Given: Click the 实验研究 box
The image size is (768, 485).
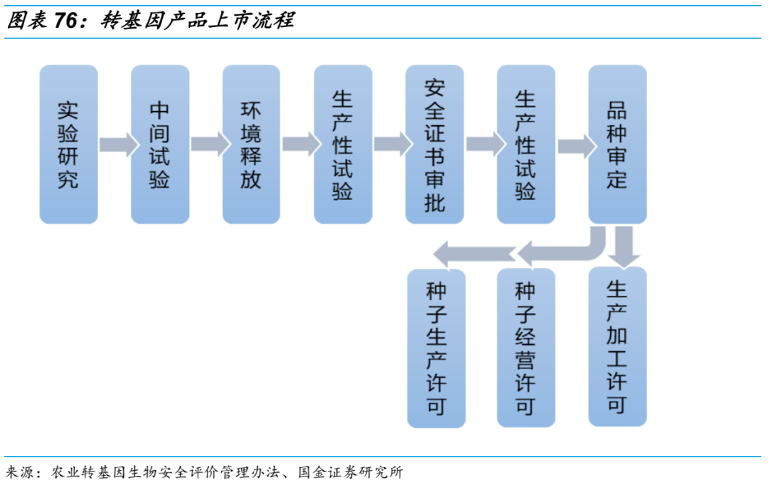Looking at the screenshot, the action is pyautogui.click(x=68, y=144).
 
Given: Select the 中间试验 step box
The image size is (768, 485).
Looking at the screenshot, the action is pyautogui.click(x=160, y=144).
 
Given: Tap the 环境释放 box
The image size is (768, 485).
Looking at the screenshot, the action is pyautogui.click(x=251, y=144).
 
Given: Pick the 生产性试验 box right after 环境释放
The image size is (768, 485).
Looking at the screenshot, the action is pyautogui.click(x=343, y=144).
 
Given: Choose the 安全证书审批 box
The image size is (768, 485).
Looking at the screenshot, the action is pyautogui.click(x=434, y=144).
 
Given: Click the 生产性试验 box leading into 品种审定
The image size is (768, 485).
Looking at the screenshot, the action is pyautogui.click(x=526, y=144).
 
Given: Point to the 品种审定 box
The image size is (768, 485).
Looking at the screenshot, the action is pyautogui.click(x=618, y=144).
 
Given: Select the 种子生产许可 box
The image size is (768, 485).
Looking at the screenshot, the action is pyautogui.click(x=437, y=348).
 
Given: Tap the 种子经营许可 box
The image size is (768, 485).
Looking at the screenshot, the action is pyautogui.click(x=526, y=348).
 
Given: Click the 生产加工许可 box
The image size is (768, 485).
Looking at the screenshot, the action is pyautogui.click(x=618, y=346).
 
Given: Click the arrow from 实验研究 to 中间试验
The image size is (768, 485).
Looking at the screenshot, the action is pyautogui.click(x=119, y=144).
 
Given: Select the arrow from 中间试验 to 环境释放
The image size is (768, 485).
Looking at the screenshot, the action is pyautogui.click(x=210, y=144).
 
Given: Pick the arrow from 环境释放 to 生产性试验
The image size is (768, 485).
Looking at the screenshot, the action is pyautogui.click(x=302, y=144).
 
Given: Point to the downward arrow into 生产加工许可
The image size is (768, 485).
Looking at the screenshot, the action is pyautogui.click(x=624, y=247).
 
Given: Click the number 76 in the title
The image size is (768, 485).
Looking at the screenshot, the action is pyautogui.click(x=65, y=21).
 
